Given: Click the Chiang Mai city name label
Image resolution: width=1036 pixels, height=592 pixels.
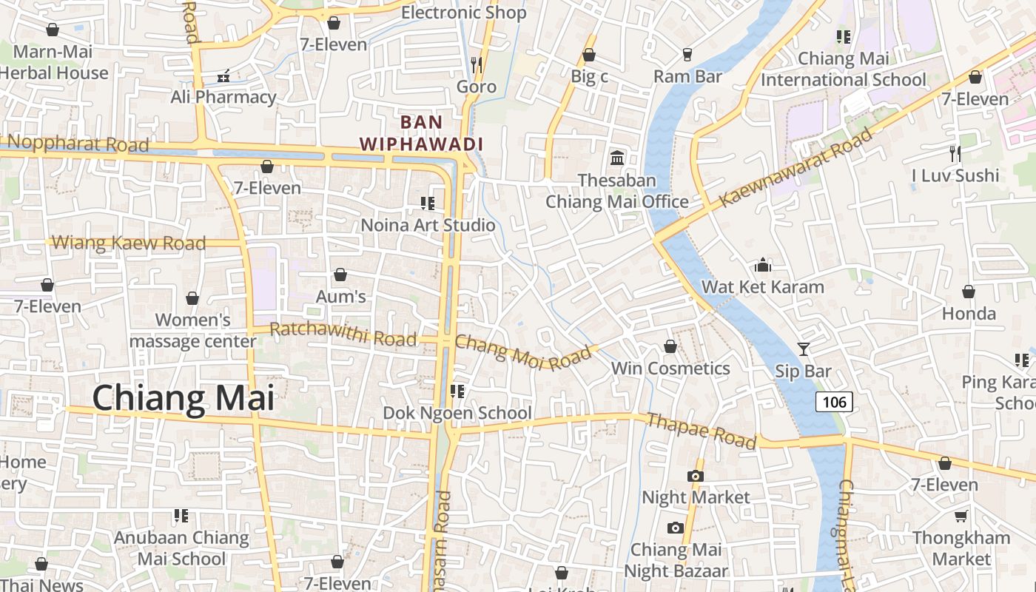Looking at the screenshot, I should (x=183, y=398).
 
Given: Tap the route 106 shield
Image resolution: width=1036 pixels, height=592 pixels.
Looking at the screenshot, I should (x=834, y=402).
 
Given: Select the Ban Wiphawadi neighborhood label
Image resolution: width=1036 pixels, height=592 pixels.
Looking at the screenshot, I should (x=421, y=133).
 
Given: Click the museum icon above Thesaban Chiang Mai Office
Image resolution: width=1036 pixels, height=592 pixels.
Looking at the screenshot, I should (x=617, y=158).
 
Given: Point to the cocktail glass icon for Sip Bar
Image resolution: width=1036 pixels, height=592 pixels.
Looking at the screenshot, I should (x=804, y=349).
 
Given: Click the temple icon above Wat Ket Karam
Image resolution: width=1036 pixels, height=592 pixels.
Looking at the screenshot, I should (x=763, y=265).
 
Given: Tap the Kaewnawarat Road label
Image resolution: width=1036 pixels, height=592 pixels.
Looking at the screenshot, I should (x=796, y=167).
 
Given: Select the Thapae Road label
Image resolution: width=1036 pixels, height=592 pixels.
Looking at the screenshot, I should (x=702, y=431).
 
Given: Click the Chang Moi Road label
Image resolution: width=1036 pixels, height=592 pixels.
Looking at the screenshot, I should (x=524, y=353).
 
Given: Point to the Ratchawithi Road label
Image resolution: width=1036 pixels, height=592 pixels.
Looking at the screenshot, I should (x=343, y=334).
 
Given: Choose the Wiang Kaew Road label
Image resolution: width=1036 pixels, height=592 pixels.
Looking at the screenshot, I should (x=129, y=243).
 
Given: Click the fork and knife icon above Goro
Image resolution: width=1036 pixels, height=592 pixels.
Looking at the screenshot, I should (x=477, y=64).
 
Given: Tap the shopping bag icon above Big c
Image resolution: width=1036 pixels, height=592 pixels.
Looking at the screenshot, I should (x=589, y=55).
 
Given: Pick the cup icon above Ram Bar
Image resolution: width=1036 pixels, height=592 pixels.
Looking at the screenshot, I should (x=687, y=55).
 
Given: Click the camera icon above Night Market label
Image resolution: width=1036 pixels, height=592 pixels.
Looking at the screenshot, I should (x=696, y=476).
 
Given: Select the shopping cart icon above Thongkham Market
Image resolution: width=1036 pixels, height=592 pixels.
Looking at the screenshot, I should (x=961, y=516).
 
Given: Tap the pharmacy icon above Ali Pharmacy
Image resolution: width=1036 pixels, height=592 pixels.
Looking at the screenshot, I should (x=223, y=75).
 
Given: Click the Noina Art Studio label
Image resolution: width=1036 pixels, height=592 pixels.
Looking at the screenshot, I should (x=428, y=225).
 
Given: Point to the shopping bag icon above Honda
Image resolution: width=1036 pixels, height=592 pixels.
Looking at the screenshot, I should (x=969, y=292).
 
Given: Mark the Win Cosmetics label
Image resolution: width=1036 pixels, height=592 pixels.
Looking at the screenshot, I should (x=670, y=369).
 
